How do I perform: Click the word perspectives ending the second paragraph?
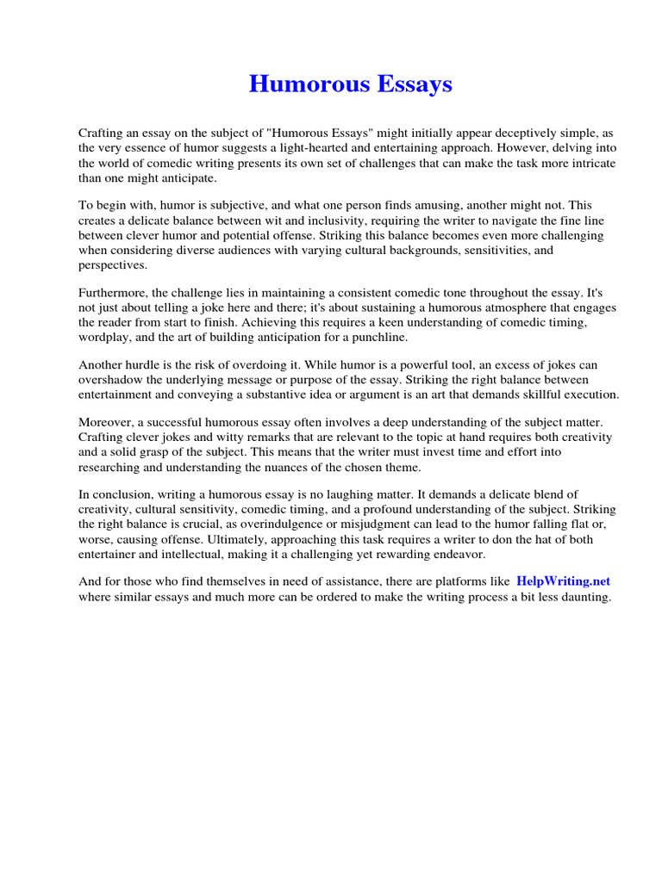coord(112,265)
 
